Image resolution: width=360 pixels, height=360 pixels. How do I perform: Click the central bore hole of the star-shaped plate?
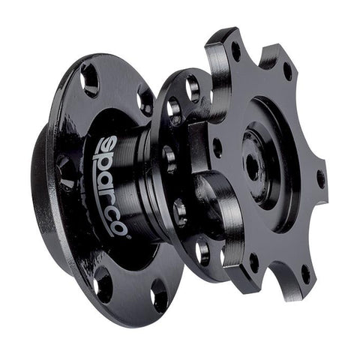pos(253,165)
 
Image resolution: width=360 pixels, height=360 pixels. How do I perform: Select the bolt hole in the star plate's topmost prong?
pos(235,52)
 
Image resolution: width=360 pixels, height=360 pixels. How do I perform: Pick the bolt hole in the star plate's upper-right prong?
pos(288,71)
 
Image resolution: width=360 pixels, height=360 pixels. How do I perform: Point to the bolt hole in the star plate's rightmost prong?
pos(320,179)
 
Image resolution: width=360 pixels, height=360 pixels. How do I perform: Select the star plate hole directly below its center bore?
pos(253,262)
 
